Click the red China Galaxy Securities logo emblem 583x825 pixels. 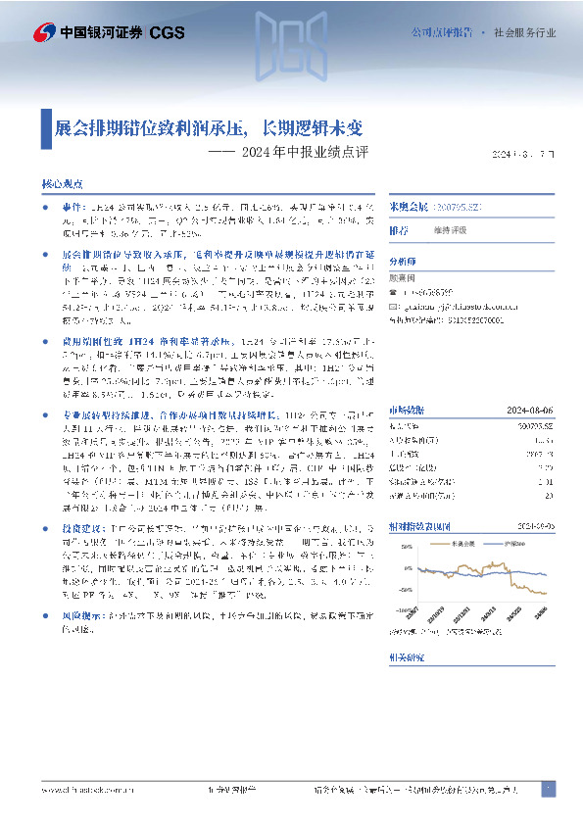coord(44,31)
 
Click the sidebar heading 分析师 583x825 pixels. coord(402,263)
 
